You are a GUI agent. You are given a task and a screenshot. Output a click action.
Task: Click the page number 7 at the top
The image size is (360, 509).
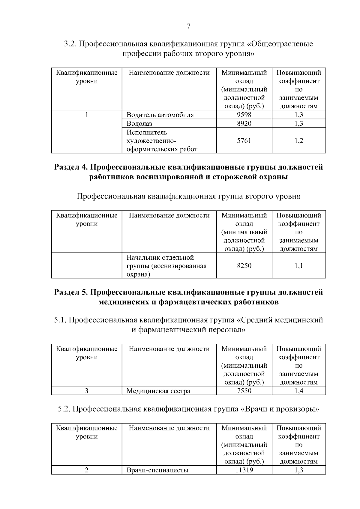188,26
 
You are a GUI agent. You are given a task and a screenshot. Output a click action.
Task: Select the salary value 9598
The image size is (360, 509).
244,115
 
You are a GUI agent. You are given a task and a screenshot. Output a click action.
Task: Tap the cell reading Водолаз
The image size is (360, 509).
139,124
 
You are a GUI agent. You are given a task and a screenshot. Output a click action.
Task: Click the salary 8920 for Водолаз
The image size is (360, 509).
244,124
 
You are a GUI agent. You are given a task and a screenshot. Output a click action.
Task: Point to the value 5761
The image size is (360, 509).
244,141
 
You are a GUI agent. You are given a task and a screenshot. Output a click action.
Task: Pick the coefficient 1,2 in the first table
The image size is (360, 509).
299,141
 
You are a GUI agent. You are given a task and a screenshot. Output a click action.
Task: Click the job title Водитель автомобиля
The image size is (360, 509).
160,115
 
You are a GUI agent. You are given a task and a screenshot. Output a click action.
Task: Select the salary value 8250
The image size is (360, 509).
244,266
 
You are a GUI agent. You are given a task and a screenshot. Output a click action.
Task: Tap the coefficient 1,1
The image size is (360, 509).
299,266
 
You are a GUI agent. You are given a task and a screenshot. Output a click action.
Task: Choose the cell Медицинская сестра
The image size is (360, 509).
158,391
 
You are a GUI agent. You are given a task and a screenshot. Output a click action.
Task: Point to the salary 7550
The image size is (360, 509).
244,391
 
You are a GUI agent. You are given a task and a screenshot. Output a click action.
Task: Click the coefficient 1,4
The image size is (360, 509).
299,391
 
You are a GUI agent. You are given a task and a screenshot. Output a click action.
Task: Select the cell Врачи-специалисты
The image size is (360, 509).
157,470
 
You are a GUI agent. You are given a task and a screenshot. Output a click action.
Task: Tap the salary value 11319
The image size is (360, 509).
244,470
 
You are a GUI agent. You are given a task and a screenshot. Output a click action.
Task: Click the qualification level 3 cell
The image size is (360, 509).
86,391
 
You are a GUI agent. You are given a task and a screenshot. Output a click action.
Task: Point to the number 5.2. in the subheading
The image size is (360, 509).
64,409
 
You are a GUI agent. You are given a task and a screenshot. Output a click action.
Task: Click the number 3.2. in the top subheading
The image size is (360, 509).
70,44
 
